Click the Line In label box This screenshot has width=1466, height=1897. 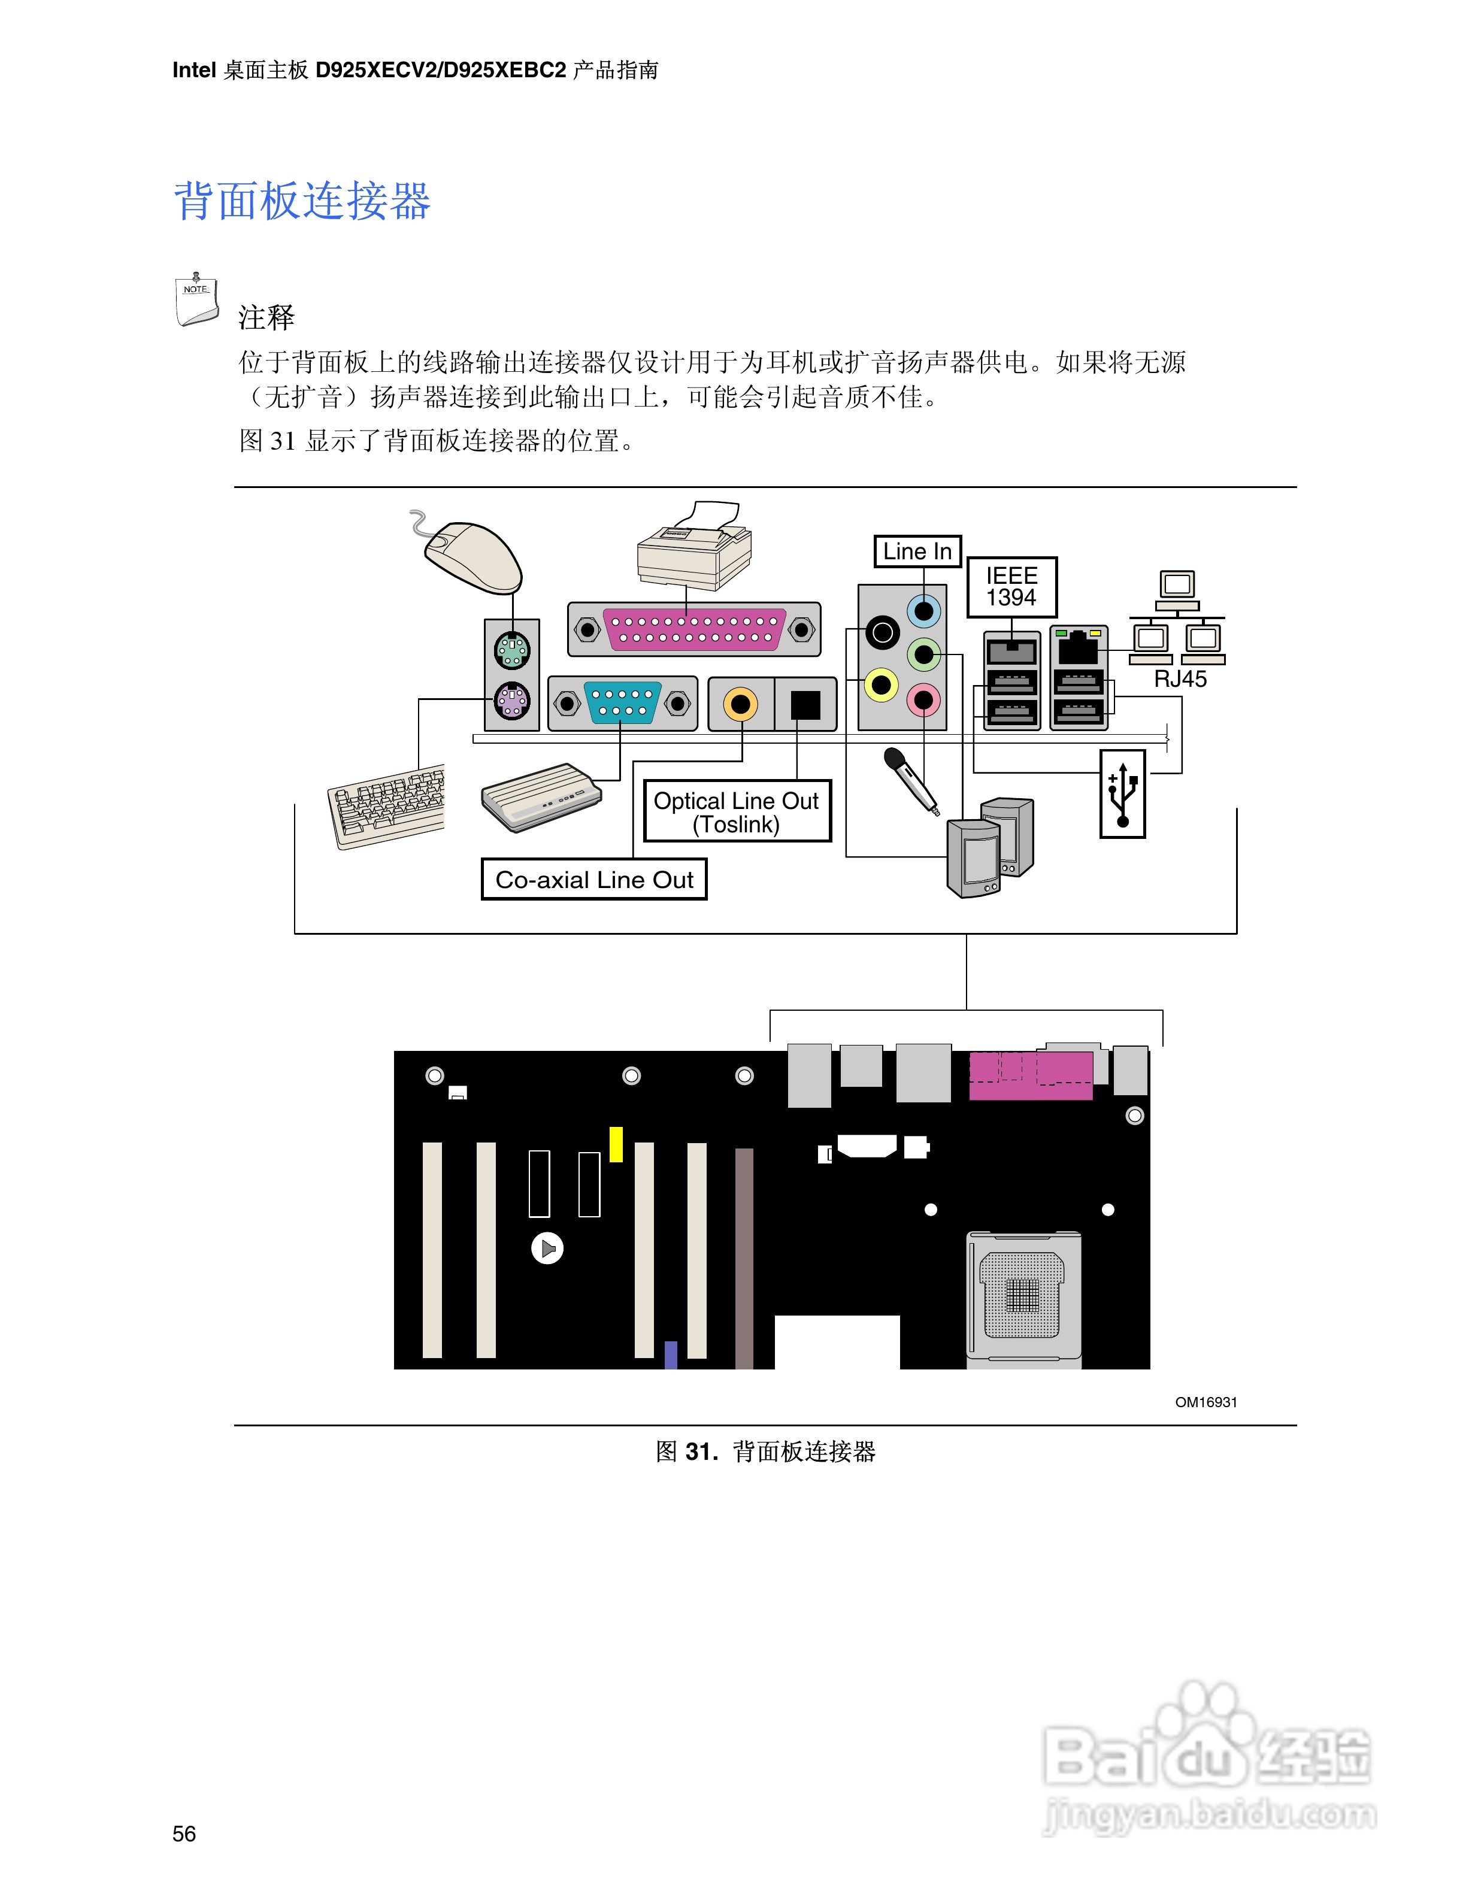(x=916, y=551)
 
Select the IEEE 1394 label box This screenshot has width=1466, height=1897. (x=1012, y=586)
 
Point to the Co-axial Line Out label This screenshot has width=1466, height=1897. (x=594, y=879)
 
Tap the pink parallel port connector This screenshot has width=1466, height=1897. (x=694, y=629)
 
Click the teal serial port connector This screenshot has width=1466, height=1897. (x=623, y=702)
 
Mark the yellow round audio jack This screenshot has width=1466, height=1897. (x=882, y=685)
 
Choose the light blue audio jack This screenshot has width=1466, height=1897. (x=924, y=611)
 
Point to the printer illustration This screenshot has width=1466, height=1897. (x=693, y=547)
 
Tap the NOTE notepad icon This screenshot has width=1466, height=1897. (x=196, y=301)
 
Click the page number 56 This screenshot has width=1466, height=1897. (x=184, y=1833)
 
